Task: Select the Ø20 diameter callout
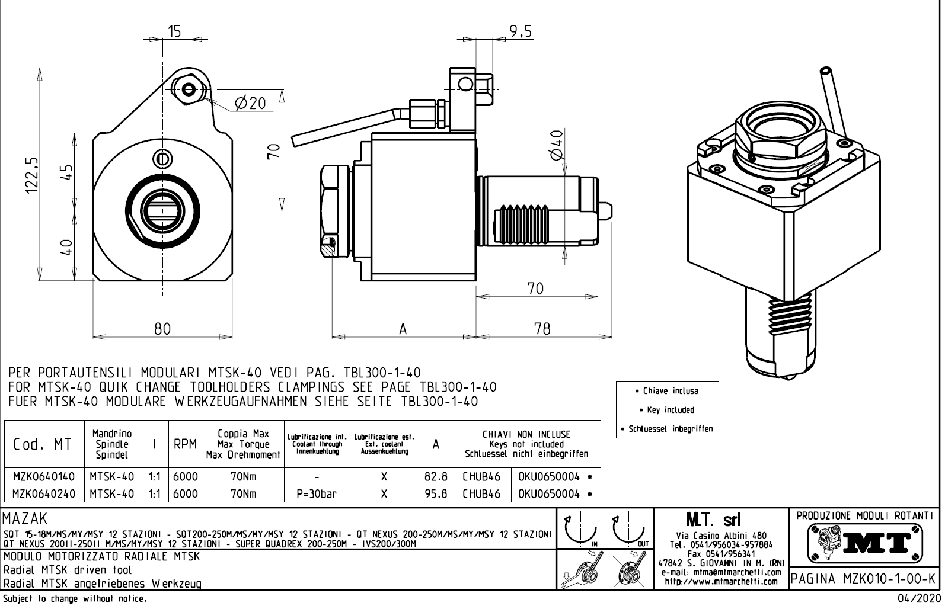[250, 103]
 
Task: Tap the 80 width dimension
[162, 328]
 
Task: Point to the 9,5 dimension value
[521, 31]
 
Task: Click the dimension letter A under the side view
[403, 329]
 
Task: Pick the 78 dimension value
[542, 328]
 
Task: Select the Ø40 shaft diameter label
[557, 145]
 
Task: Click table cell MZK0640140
[44, 476]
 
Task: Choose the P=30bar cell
[318, 493]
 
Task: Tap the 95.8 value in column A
[436, 493]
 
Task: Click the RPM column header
[186, 444]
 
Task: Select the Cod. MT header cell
[43, 444]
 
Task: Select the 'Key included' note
[667, 410]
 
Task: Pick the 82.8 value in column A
[436, 476]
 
